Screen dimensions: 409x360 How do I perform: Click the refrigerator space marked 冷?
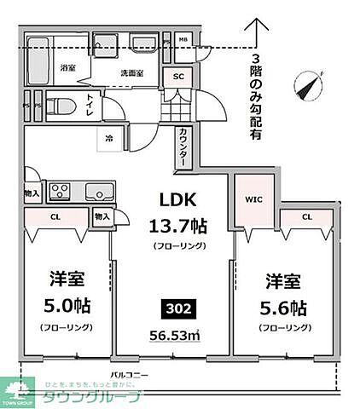[109, 138]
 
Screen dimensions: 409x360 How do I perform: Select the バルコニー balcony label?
[129, 375]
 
